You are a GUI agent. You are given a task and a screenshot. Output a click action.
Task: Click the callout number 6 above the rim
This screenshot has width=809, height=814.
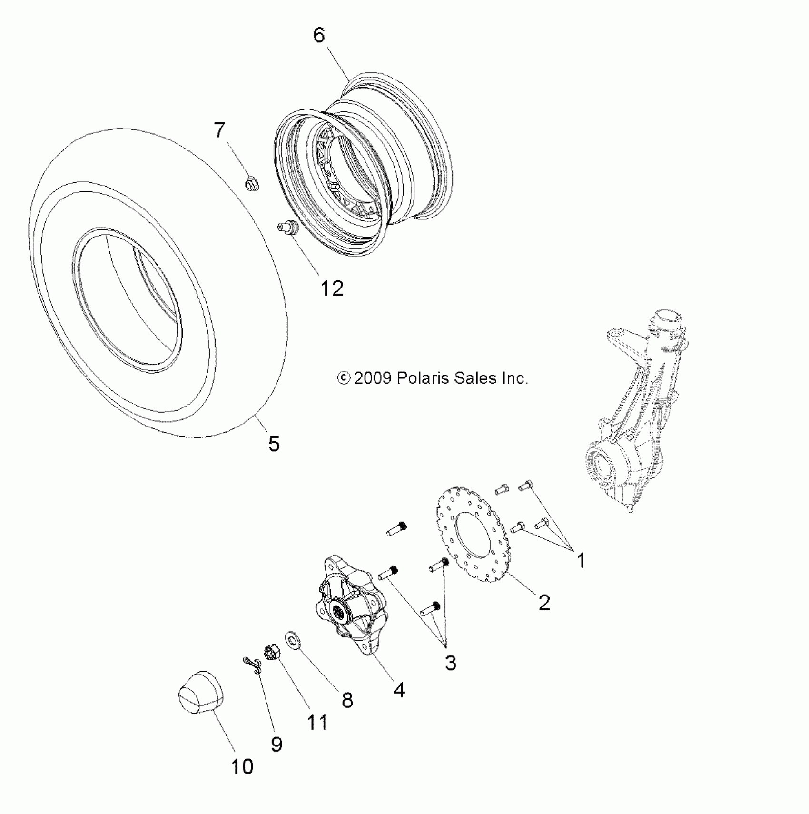(x=319, y=35)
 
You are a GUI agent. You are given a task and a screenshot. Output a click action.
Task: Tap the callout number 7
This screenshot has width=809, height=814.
(x=219, y=130)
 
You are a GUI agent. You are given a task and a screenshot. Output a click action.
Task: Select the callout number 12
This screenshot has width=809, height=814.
(x=332, y=288)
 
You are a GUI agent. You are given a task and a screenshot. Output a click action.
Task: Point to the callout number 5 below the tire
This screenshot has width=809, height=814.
(x=274, y=444)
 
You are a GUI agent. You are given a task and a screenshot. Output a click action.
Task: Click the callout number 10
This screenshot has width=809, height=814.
(x=242, y=766)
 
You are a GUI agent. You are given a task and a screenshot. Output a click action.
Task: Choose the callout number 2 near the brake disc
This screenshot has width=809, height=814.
(x=544, y=603)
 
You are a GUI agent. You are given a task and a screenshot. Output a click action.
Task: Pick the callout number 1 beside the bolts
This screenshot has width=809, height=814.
(x=581, y=561)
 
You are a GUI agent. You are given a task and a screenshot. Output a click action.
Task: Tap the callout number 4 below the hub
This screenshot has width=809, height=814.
(x=399, y=689)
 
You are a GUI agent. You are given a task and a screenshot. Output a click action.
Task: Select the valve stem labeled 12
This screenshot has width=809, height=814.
(x=287, y=227)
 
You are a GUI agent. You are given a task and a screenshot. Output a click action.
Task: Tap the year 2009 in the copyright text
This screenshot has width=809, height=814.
(x=373, y=378)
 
